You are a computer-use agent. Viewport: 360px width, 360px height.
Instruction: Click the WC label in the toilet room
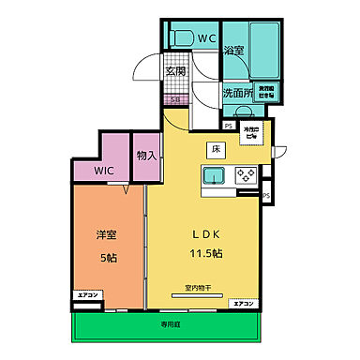206,39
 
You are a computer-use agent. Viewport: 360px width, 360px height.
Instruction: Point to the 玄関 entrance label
175,70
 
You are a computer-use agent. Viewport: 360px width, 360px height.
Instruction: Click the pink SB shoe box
175,99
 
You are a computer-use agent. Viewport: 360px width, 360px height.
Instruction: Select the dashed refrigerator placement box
251,133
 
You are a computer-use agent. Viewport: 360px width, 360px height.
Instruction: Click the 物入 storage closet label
145,157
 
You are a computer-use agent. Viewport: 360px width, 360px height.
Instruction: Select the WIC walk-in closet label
103,172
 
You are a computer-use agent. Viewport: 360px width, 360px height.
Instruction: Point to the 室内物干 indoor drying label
197,287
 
